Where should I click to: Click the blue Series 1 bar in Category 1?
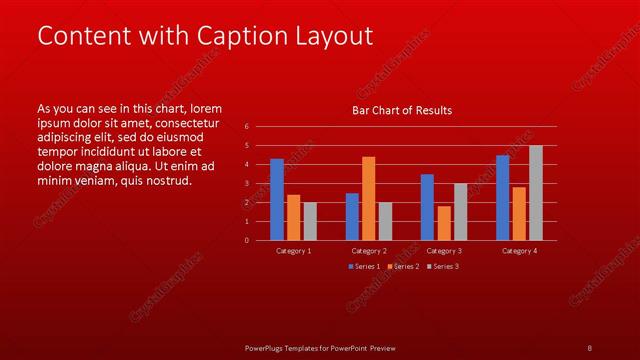pos(277,199)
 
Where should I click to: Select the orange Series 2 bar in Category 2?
pos(368,198)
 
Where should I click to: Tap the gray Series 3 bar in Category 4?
pos(535,192)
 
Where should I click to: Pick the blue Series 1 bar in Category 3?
pos(427,207)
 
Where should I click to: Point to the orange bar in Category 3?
pos(443,223)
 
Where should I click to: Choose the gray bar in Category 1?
pos(309,221)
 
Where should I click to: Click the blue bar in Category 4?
pos(503,197)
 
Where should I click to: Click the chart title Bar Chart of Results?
pos(403,110)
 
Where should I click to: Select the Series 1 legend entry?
pos(363,267)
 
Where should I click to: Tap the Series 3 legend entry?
pos(443,267)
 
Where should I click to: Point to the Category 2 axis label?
pos(368,250)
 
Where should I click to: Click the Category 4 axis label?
pos(519,250)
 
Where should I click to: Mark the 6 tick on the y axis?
pos(247,127)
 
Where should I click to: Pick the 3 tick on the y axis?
pos(247,184)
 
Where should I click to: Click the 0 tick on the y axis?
pos(247,240)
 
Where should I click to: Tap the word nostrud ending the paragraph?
pos(166,181)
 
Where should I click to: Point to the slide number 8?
pos(589,348)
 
